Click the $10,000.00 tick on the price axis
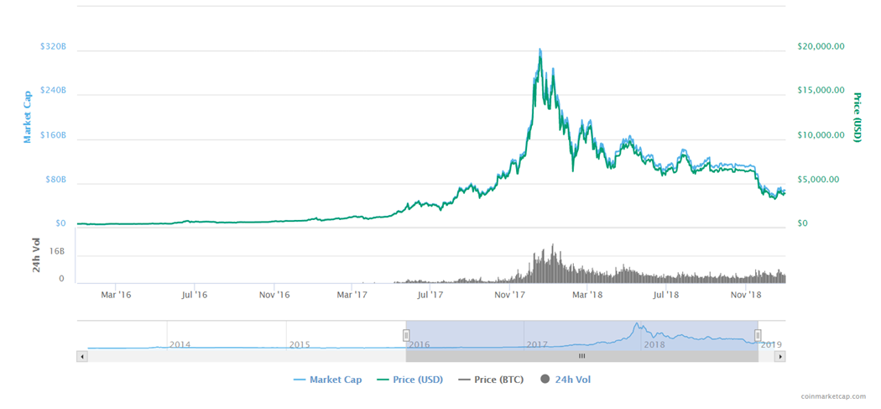click(820, 134)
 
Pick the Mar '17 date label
click(352, 294)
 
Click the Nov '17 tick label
click(510, 294)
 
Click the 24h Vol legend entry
click(571, 380)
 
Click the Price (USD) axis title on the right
click(858, 117)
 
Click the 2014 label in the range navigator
click(180, 344)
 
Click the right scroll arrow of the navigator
click(779, 356)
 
